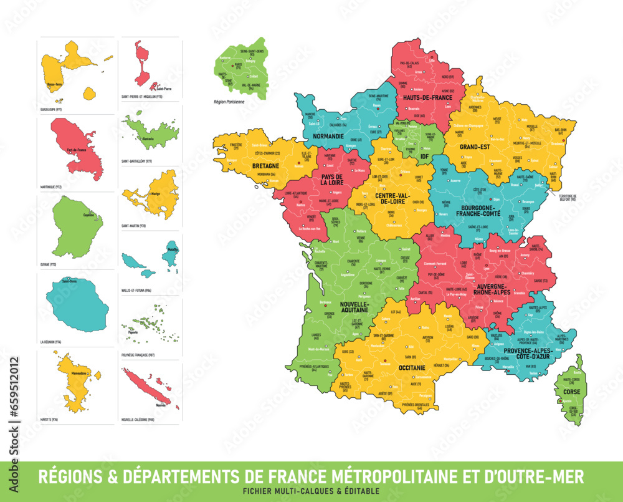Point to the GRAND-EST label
(x=475, y=147)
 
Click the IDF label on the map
(x=425, y=158)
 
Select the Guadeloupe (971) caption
(x=51, y=109)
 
